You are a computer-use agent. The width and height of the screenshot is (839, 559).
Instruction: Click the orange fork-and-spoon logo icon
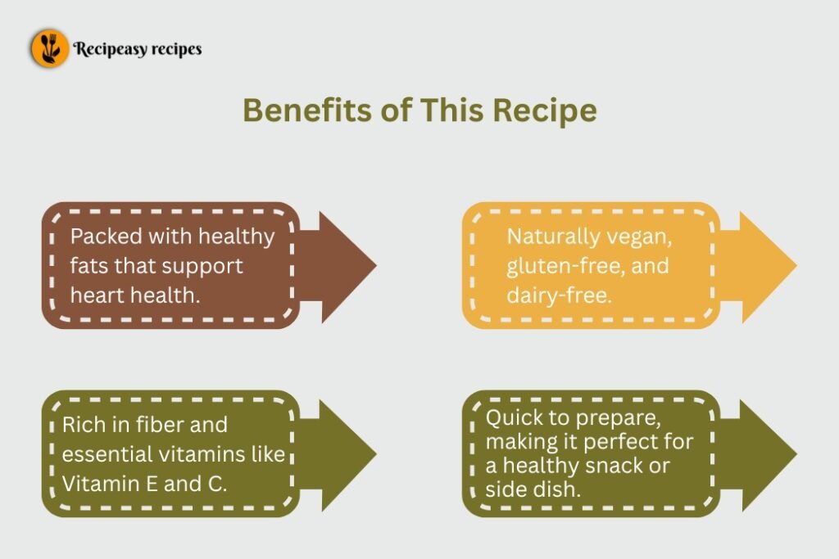pyautogui.click(x=50, y=48)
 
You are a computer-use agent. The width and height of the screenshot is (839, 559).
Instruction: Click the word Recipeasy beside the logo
pyautogui.click(x=110, y=49)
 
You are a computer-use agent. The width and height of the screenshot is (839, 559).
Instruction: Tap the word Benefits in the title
pyautogui.click(x=307, y=110)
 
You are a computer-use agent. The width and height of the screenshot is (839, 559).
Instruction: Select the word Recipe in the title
pyautogui.click(x=544, y=111)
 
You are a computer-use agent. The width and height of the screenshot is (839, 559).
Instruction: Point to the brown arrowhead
pyautogui.click(x=342, y=266)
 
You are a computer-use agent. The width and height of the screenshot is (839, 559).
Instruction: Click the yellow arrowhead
pyautogui.click(x=763, y=266)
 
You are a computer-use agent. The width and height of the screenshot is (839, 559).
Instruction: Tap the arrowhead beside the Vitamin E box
pyautogui.click(x=342, y=454)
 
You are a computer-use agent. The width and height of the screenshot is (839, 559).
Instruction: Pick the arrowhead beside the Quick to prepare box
pyautogui.click(x=763, y=454)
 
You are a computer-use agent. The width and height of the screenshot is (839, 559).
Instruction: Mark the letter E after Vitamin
pyautogui.click(x=151, y=484)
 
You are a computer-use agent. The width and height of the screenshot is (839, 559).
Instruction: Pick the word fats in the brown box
pyautogui.click(x=88, y=266)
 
